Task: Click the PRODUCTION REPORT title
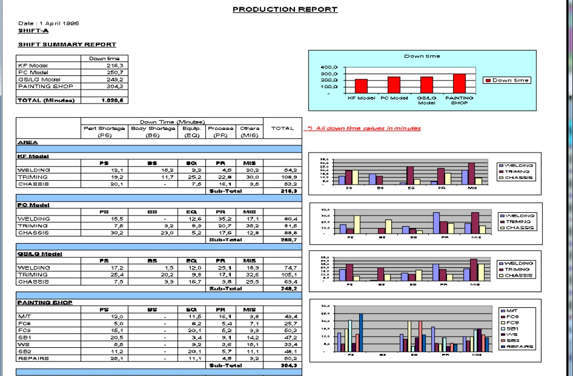(x=285, y=10)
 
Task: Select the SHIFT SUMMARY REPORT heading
(x=68, y=44)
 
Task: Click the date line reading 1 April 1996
(x=49, y=24)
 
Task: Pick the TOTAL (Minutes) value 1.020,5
(x=117, y=100)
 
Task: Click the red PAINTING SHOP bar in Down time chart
(x=459, y=83)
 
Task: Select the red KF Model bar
(x=361, y=87)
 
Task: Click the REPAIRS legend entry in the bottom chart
(x=516, y=347)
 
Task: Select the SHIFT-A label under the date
(x=33, y=31)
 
